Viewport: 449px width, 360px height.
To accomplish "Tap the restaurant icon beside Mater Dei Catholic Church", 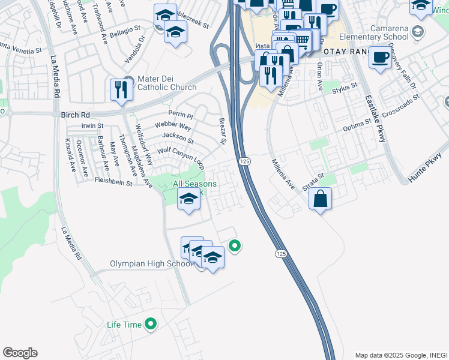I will point(122,90).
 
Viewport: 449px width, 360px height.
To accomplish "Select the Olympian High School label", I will point(151,264).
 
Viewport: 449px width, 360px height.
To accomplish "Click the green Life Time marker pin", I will point(151,325).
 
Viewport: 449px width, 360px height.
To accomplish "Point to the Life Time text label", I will point(124,325).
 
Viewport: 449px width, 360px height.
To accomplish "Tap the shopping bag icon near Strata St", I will point(321,199).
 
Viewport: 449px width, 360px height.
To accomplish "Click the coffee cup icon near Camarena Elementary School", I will point(380,58).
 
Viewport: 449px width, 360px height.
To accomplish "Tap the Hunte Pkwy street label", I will point(424,170).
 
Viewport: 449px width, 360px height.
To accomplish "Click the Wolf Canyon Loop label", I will point(181,156).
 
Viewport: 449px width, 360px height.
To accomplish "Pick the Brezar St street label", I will point(221,131).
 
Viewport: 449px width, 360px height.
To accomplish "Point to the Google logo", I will point(20,353).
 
